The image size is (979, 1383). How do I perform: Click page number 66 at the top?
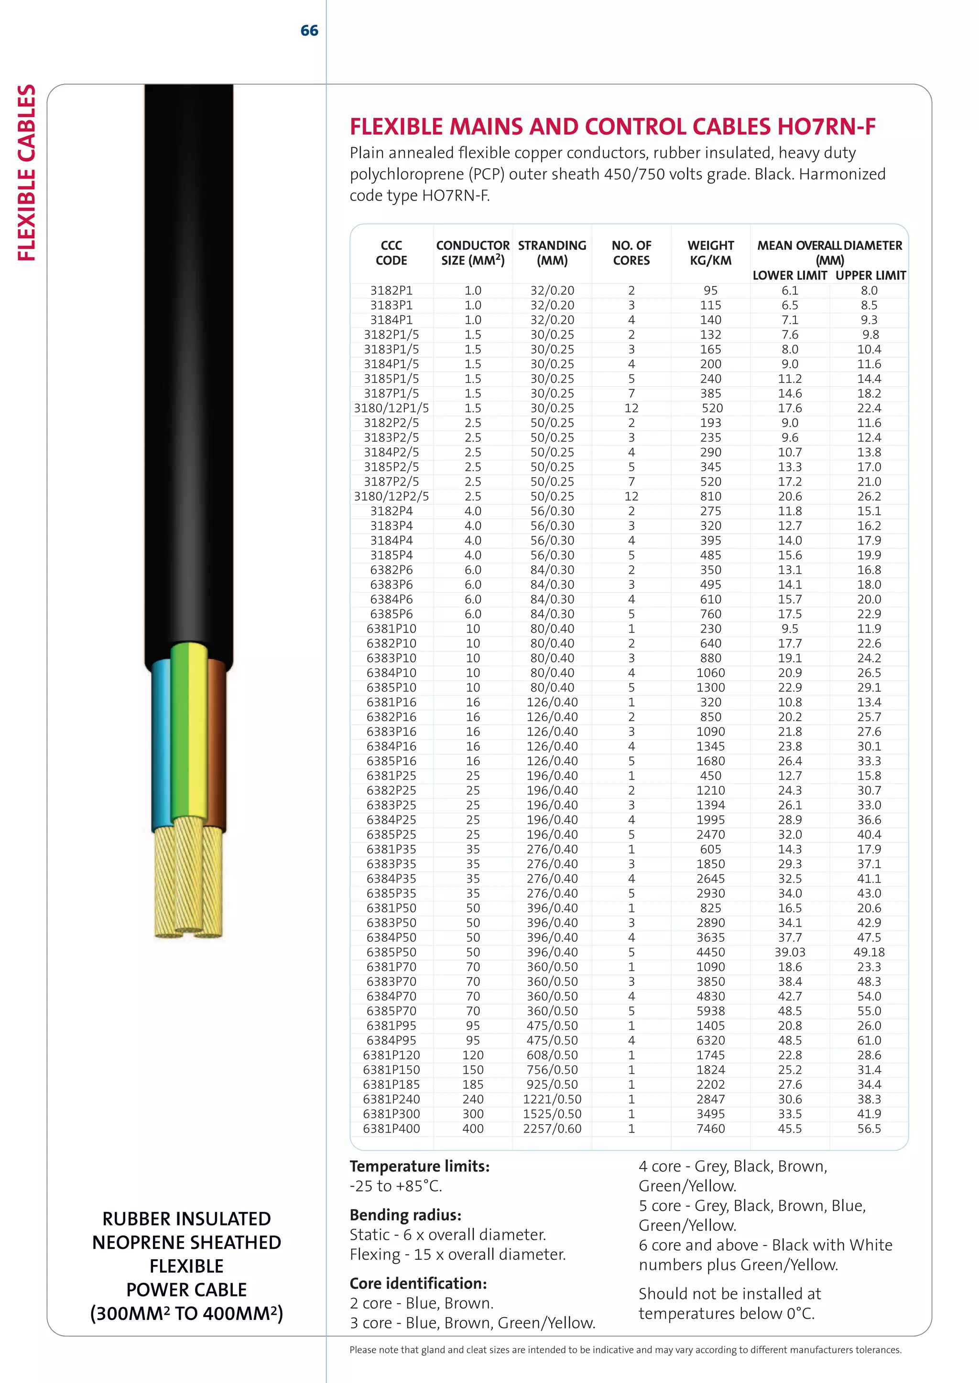(x=309, y=31)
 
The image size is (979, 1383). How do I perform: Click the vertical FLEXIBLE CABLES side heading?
(x=26, y=173)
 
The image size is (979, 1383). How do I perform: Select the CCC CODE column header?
(x=391, y=253)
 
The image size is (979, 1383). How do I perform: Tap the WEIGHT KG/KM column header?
(x=710, y=253)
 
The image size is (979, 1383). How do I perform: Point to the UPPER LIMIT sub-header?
(x=870, y=275)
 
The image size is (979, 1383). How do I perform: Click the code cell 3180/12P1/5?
(x=391, y=408)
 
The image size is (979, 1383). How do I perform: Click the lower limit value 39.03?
(x=790, y=952)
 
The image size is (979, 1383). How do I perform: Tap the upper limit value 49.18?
(x=869, y=952)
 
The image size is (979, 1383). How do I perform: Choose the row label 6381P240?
(x=391, y=1099)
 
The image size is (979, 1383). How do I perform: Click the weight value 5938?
(x=710, y=1011)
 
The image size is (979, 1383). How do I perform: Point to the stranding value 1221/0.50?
(x=552, y=1099)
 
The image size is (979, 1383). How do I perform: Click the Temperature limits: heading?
(x=420, y=1167)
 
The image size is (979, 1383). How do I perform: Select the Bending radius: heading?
(x=405, y=1215)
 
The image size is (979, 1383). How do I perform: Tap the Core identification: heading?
(x=418, y=1284)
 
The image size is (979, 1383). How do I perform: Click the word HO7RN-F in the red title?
(x=826, y=127)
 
